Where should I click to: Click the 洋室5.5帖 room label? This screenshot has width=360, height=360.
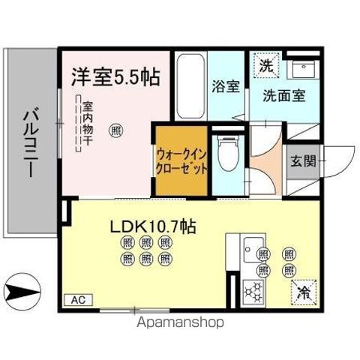(x=115, y=76)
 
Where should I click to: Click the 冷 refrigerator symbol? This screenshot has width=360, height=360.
(x=304, y=289)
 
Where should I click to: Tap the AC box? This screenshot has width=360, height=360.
(x=79, y=300)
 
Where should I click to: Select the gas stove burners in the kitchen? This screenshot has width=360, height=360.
(x=253, y=290)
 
